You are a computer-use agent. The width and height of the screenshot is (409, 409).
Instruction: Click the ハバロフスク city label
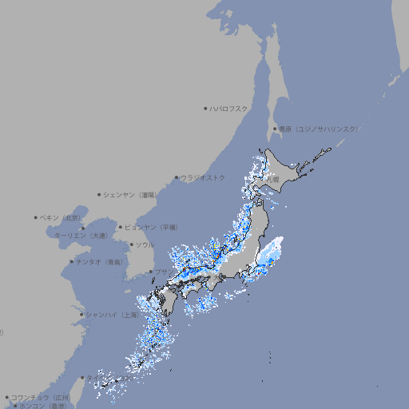[229, 108]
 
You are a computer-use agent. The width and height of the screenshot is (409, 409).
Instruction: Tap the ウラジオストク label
[203, 177]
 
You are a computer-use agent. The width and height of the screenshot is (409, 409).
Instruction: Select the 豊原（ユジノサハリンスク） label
[319, 129]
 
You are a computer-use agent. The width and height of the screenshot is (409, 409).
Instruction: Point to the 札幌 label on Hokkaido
[273, 179]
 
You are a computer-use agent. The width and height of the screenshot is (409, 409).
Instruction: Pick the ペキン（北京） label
[62, 217]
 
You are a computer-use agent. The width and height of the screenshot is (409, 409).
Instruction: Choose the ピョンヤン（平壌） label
[150, 227]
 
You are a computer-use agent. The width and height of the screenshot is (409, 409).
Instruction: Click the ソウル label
[145, 245]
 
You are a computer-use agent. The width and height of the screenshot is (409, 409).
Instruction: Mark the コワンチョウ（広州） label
[40, 397]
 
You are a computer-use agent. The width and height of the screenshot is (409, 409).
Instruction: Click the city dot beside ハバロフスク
[205, 108]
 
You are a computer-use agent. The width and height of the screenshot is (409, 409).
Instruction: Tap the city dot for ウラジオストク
[177, 177]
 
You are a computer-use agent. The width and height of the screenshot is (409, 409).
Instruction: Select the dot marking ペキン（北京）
[36, 217]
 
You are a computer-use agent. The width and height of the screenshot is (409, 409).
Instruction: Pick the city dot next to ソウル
[131, 245]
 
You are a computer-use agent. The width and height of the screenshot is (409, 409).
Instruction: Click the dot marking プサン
[150, 272]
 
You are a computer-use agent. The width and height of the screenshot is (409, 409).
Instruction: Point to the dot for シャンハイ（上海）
[81, 315]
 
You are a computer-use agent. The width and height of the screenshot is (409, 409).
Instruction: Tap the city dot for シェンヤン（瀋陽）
[99, 194]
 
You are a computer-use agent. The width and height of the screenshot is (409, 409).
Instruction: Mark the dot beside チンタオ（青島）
[71, 262]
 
